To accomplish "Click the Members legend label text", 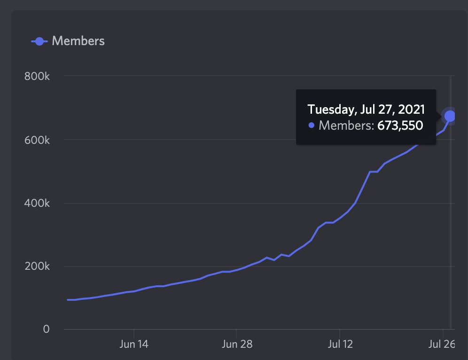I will (78, 41).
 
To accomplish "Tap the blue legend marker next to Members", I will (39, 41).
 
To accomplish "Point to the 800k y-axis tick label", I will (37, 76).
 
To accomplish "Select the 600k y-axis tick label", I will (37, 140).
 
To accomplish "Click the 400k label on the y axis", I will (37, 203).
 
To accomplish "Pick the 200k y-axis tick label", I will (37, 266).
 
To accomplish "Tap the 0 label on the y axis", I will (46, 329).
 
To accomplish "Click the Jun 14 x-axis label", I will (134, 344).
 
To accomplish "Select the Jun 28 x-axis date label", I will (236, 344).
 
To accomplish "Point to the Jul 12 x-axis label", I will (339, 344).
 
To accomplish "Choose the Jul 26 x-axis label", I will (442, 344).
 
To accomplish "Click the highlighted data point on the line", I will (450, 116).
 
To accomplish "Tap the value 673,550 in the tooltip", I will (400, 125).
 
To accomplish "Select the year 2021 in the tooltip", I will (412, 110).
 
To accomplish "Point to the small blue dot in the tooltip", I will (311, 125).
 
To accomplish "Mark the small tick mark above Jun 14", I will (134, 332).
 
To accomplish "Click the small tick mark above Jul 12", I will (339, 332).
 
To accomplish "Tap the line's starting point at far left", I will (68, 299).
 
